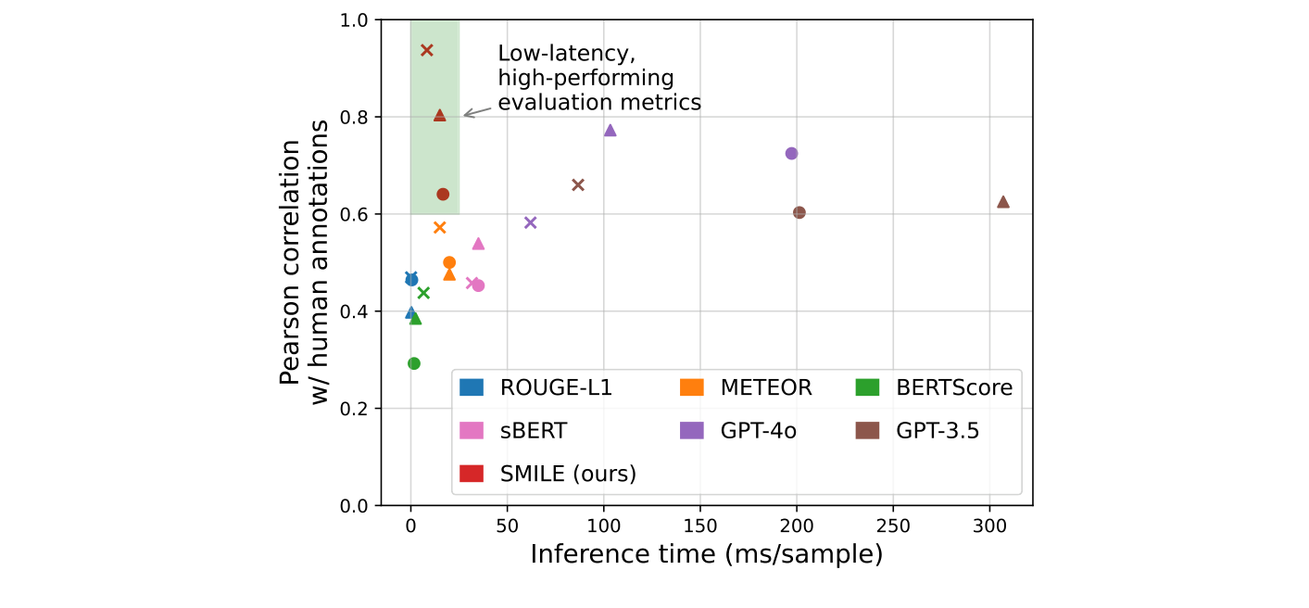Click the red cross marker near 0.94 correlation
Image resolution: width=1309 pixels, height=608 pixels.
coord(427,50)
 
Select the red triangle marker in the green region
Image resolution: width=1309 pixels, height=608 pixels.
coord(440,115)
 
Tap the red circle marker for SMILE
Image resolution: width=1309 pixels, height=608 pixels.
coord(443,194)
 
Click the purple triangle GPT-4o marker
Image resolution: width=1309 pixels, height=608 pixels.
coord(610,130)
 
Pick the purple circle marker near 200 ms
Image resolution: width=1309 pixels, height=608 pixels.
coord(791,153)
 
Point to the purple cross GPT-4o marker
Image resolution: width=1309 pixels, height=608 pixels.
coord(531,222)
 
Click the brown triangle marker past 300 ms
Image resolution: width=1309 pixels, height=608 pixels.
coord(1003,201)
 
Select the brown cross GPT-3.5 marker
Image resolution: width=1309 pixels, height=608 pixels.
coord(578,184)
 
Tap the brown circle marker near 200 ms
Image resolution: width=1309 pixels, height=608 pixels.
coord(799,212)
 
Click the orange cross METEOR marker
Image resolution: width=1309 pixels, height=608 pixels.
coord(440,227)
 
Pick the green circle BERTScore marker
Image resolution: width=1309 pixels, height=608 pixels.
coord(414,363)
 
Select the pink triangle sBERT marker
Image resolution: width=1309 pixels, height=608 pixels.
coord(479,243)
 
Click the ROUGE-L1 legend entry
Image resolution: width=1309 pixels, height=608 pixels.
coord(537,388)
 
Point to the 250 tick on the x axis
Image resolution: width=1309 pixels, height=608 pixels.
coord(893,525)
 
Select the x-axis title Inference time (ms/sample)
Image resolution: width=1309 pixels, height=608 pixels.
coord(706,554)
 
